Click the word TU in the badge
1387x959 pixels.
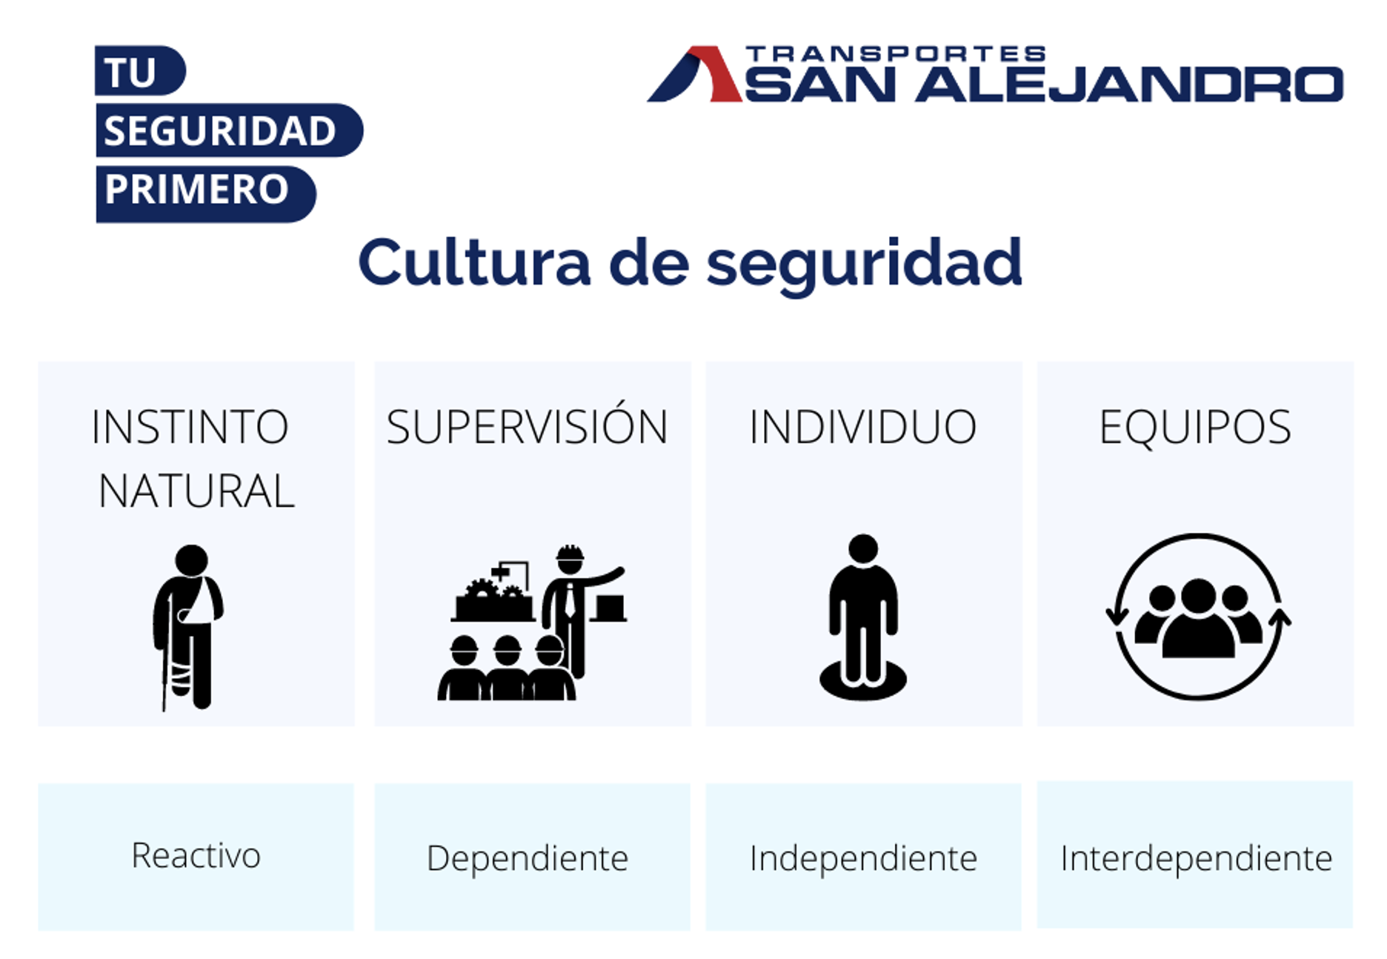pyautogui.click(x=130, y=73)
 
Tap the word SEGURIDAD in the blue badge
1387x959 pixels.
pyautogui.click(x=220, y=131)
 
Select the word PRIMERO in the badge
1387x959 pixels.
pyautogui.click(x=196, y=189)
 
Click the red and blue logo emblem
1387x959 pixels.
pyautogui.click(x=695, y=74)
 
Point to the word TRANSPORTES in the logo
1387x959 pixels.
pyautogui.click(x=896, y=54)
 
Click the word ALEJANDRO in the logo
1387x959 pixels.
pyautogui.click(x=1129, y=84)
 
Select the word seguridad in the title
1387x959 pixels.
pyautogui.click(x=864, y=266)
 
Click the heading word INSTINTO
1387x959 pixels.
pyautogui.click(x=190, y=427)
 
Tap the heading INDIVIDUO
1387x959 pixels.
pyautogui.click(x=863, y=427)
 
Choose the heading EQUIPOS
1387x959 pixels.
pyautogui.click(x=1195, y=428)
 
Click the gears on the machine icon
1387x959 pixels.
pyautogui.click(x=493, y=591)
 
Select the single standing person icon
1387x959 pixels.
pyautogui.click(x=863, y=617)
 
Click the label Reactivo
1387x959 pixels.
pyautogui.click(x=196, y=855)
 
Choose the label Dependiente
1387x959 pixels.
pyautogui.click(x=528, y=858)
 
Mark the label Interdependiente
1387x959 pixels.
pyautogui.click(x=1196, y=858)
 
